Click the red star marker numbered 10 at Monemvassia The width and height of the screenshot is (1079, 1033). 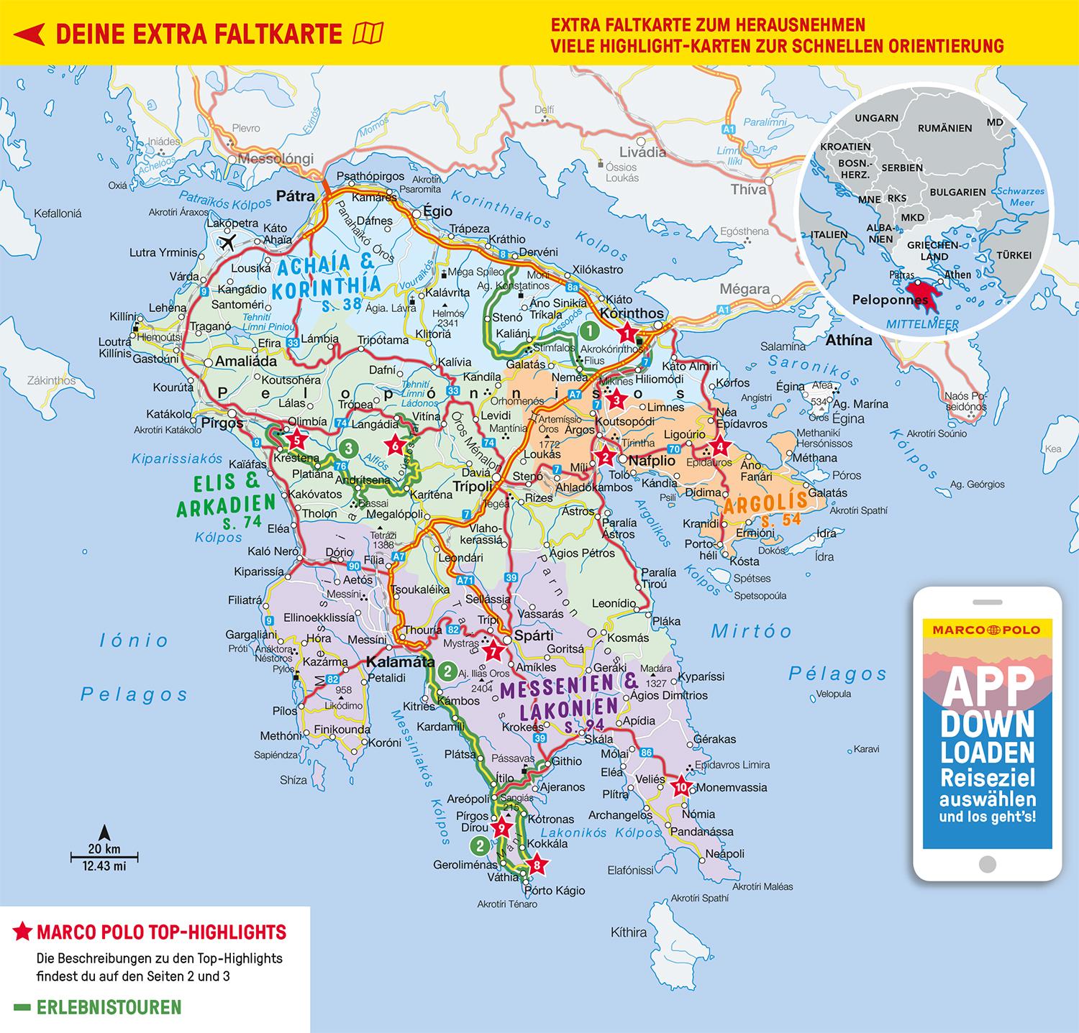click(x=680, y=786)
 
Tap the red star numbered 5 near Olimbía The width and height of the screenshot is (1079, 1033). click(x=293, y=438)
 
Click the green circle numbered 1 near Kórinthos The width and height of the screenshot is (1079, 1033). click(x=588, y=331)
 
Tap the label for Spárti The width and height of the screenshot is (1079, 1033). click(x=533, y=635)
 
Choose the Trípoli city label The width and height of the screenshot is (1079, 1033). click(x=472, y=486)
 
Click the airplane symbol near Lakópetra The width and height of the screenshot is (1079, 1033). click(x=229, y=242)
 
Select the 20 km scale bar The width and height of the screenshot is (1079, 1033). click(x=104, y=857)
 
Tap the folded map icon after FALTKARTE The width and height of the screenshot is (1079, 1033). click(x=369, y=33)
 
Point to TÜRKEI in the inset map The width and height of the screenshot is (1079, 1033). click(x=1014, y=255)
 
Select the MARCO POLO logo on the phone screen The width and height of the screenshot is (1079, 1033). click(x=986, y=630)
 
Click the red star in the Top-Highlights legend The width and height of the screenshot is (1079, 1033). click(x=22, y=933)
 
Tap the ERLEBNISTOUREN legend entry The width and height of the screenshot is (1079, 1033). click(x=108, y=1007)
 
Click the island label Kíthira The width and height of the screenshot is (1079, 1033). click(x=629, y=932)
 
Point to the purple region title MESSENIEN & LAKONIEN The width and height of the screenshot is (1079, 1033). click(x=558, y=697)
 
